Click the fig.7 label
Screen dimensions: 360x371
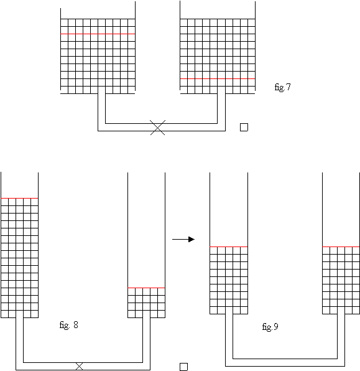pos(282,87)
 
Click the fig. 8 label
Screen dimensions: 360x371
pos(68,325)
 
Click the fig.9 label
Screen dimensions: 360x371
pos(270,327)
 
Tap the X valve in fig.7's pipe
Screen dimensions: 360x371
pos(158,128)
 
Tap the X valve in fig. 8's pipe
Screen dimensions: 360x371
pos(79,366)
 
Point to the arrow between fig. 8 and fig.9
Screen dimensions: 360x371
pos(183,240)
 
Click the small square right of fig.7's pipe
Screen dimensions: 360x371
pos(244,127)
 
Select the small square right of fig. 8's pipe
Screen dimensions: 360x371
pos(183,367)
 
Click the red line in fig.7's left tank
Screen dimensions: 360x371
pos(98,34)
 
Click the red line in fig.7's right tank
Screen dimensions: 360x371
pos(218,78)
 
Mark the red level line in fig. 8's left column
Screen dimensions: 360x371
pos(19,198)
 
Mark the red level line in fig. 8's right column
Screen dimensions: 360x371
pos(146,288)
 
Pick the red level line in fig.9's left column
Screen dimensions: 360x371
pos(229,247)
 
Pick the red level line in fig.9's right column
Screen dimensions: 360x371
pos(341,247)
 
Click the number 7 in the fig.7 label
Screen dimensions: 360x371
pos(288,87)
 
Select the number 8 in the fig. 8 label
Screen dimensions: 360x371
pos(76,325)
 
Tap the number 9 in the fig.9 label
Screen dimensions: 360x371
pos(276,327)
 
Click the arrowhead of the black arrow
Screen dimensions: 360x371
pos(192,240)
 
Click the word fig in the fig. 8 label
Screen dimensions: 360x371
pos(64,326)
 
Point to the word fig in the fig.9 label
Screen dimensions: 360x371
pos(267,327)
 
